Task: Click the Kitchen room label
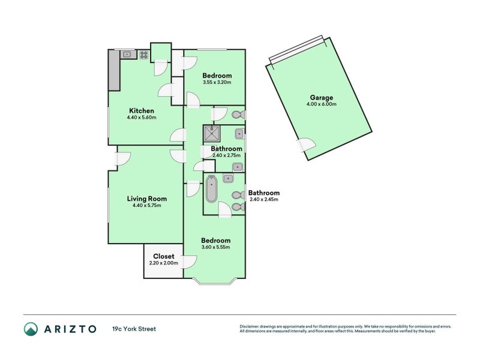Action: click(x=142, y=110)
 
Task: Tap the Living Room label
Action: click(x=147, y=199)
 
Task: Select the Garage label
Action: click(x=322, y=98)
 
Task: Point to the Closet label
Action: click(x=163, y=256)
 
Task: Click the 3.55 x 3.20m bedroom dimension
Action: click(x=217, y=82)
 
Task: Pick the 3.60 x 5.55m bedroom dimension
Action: click(x=216, y=247)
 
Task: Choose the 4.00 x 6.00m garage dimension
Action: click(x=322, y=104)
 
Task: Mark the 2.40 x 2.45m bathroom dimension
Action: click(x=264, y=199)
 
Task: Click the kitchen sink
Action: click(x=127, y=55)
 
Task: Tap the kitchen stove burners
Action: click(x=144, y=55)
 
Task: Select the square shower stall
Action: click(x=212, y=133)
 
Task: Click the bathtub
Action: click(x=211, y=189)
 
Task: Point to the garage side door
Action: click(x=306, y=144)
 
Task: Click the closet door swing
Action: click(x=190, y=262)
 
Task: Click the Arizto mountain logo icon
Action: click(x=31, y=329)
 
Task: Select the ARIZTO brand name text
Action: click(x=70, y=329)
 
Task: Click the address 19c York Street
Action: click(x=134, y=329)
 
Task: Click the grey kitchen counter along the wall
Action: click(x=114, y=70)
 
